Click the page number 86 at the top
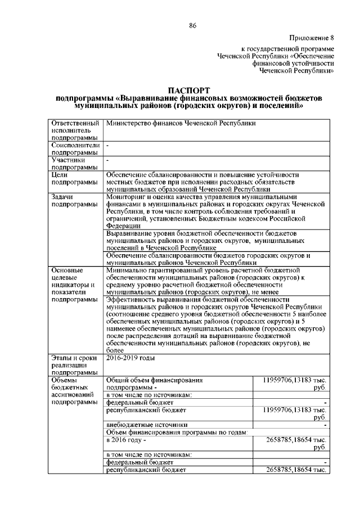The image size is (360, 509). click(x=192, y=25)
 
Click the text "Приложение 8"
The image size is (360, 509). click(x=311, y=38)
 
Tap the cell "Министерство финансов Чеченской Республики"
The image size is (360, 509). click(x=181, y=123)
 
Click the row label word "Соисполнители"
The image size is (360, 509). click(x=75, y=145)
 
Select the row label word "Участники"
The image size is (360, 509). click(x=67, y=160)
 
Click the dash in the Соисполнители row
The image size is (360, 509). click(x=108, y=145)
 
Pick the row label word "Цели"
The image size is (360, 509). click(x=59, y=175)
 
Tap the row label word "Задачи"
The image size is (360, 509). click(x=62, y=197)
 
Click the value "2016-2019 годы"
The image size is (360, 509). click(x=130, y=358)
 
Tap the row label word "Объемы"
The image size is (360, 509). click(x=64, y=380)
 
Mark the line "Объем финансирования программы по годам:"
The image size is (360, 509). click(x=177, y=432)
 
